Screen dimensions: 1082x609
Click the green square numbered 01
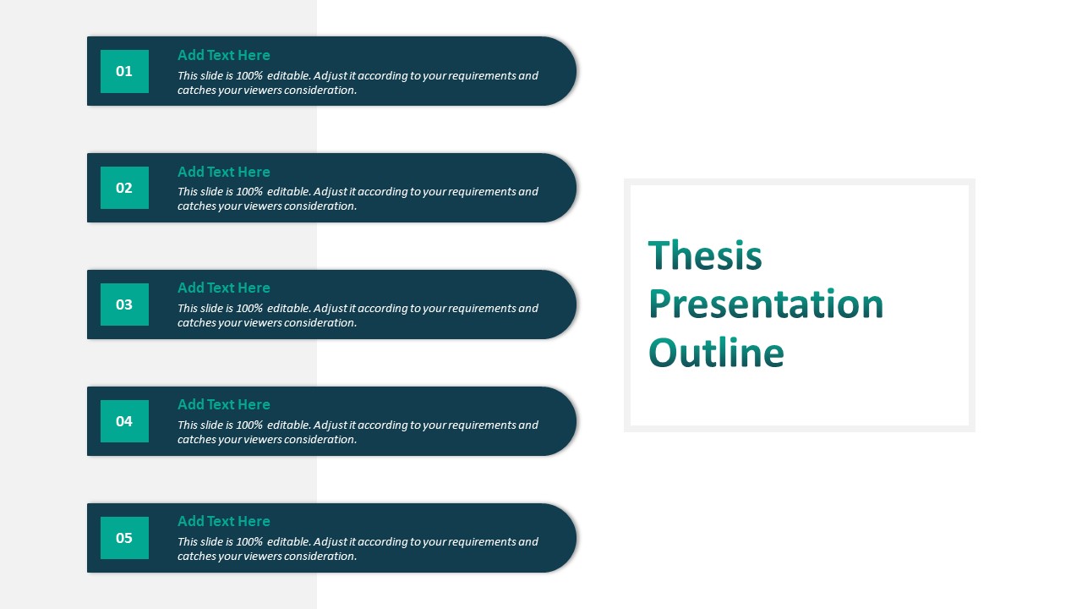click(x=124, y=71)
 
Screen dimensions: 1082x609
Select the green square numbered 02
click(x=124, y=188)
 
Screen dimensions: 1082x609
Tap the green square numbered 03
click(x=124, y=304)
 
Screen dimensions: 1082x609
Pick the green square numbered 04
click(x=124, y=421)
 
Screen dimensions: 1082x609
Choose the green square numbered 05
click(x=124, y=538)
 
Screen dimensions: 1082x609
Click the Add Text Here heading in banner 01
click(x=224, y=55)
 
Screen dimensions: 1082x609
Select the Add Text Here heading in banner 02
click(x=224, y=172)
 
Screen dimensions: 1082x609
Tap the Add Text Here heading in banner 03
click(x=224, y=288)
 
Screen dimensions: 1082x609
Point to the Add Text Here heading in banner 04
click(x=224, y=404)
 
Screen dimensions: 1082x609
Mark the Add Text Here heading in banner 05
click(x=224, y=521)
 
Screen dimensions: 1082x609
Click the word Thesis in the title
click(x=705, y=255)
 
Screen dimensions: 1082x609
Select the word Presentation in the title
click(x=766, y=304)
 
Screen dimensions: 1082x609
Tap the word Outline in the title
click(x=716, y=353)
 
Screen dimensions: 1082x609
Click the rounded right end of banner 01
click(x=563, y=71)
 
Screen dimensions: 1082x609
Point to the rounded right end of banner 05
click(x=563, y=538)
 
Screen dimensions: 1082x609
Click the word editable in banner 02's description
click(x=289, y=191)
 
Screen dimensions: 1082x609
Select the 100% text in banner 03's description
click(x=249, y=309)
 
